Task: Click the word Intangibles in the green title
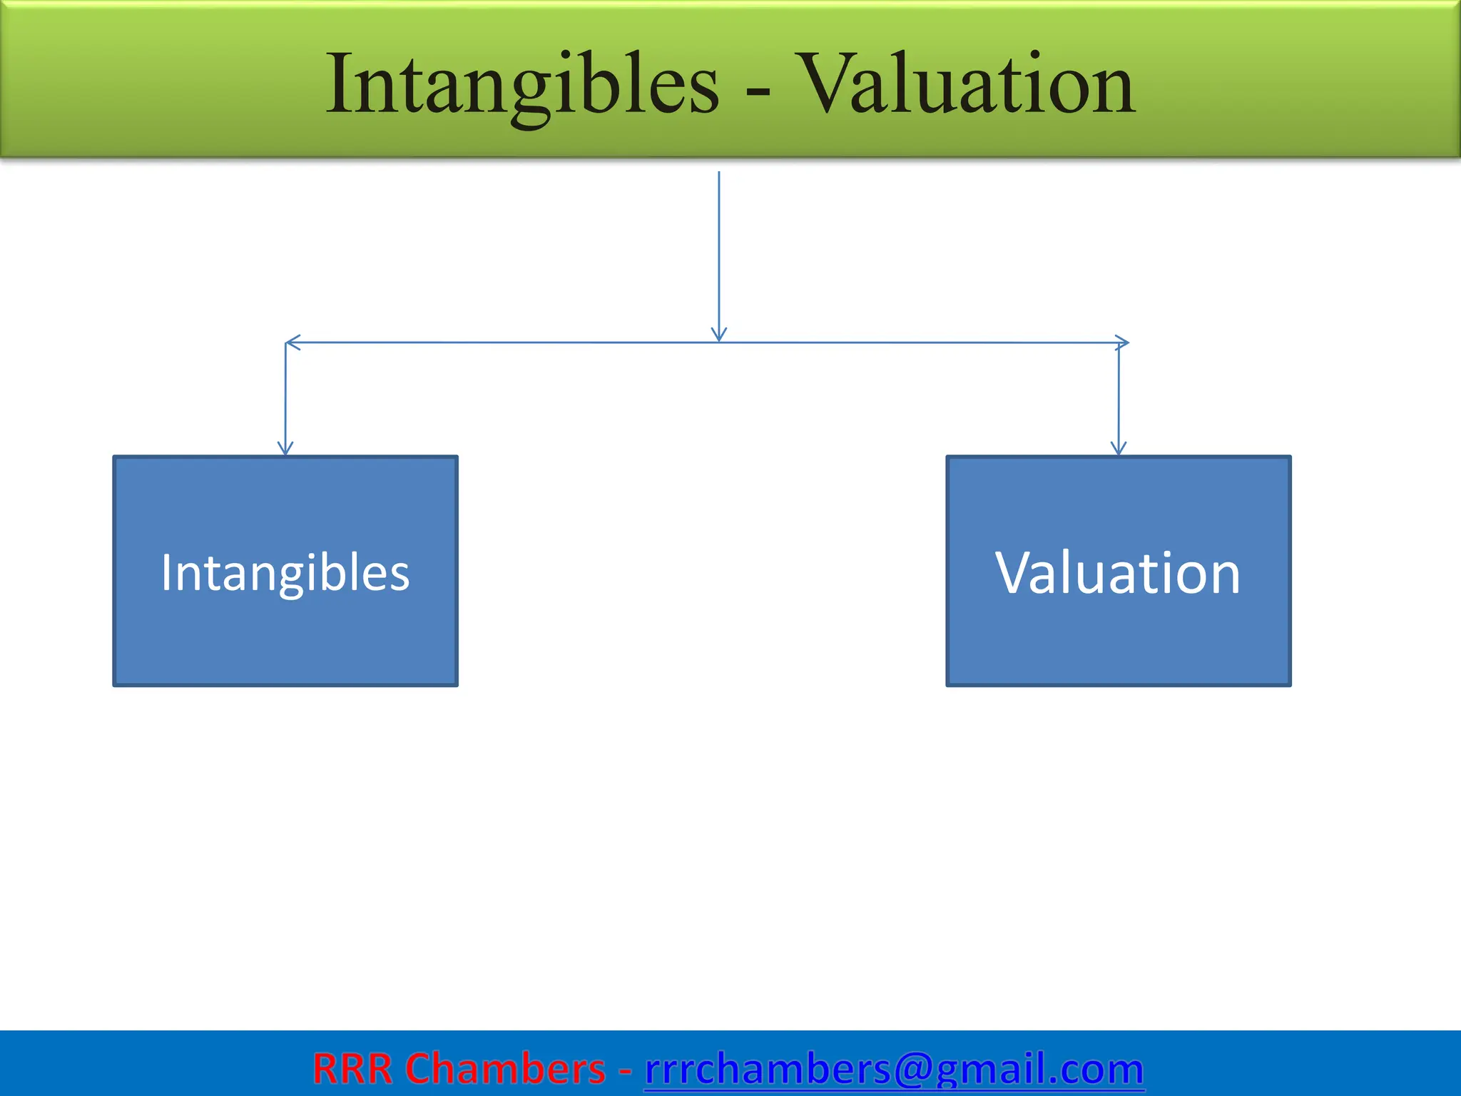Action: point(522,86)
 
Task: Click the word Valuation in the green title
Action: point(964,86)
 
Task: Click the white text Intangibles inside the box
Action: point(285,573)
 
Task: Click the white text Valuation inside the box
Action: point(1118,573)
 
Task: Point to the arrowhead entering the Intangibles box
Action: point(285,448)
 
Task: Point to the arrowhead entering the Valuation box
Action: point(1119,448)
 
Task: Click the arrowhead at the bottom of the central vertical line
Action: point(719,335)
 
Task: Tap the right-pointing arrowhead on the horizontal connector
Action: point(1122,342)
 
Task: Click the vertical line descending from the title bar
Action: point(719,250)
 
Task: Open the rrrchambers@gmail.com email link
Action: point(894,1069)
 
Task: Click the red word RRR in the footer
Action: point(352,1069)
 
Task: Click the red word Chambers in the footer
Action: point(505,1069)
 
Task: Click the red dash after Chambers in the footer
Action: point(625,1070)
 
